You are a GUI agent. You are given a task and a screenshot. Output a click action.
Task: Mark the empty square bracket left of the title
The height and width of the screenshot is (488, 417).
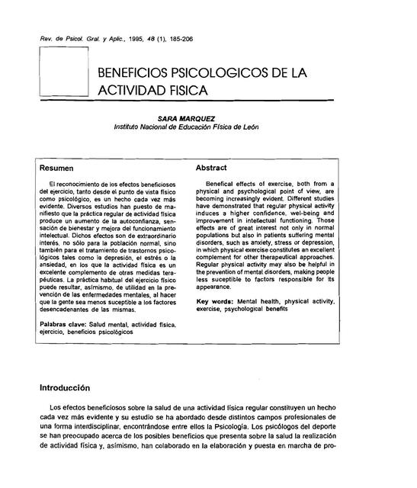63,72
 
